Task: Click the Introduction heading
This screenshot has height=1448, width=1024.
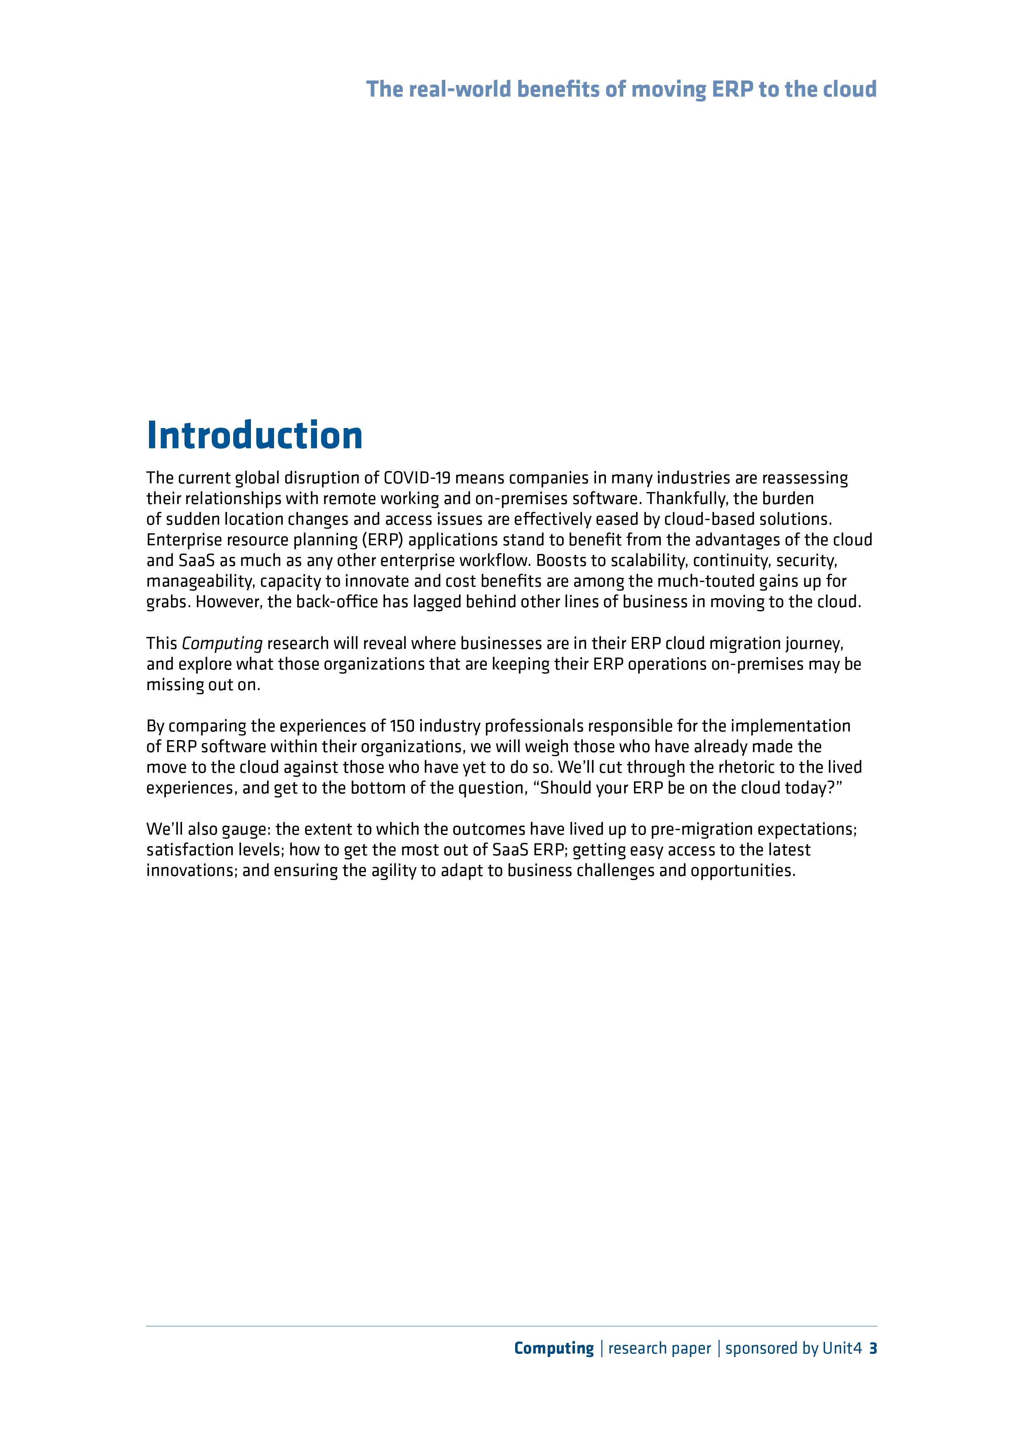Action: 254,436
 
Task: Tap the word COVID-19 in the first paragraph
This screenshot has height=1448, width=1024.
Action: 417,478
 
